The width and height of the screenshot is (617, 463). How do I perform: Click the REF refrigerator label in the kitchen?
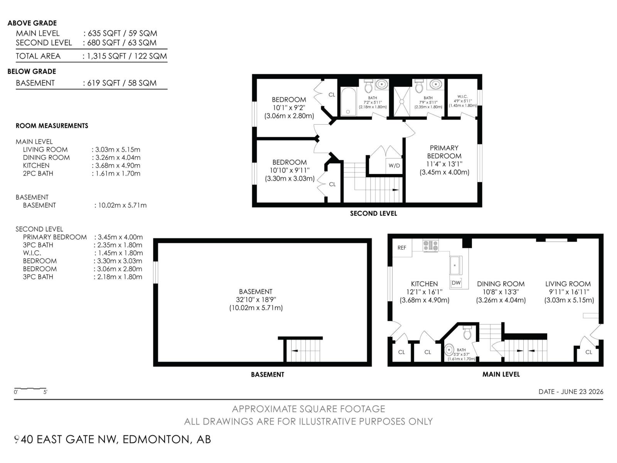(x=402, y=248)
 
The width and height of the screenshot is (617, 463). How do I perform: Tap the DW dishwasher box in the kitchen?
(x=456, y=283)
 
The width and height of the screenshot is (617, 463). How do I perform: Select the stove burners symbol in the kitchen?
(x=430, y=246)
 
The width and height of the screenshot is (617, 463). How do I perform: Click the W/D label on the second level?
(x=394, y=166)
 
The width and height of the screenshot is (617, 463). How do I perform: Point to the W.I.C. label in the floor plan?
(x=462, y=96)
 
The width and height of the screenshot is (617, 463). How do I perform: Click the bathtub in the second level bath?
(x=348, y=102)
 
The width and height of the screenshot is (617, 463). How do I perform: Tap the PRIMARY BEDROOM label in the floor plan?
(x=444, y=152)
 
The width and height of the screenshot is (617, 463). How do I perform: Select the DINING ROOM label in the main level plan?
(x=501, y=284)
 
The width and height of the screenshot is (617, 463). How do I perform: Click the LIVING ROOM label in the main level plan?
(x=568, y=284)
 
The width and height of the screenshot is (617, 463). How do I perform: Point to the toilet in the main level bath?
(x=467, y=333)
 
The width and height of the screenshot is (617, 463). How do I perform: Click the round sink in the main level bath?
(x=448, y=350)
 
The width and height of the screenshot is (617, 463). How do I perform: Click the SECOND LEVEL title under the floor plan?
(x=373, y=213)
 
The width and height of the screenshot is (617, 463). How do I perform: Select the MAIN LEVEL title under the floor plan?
(x=501, y=374)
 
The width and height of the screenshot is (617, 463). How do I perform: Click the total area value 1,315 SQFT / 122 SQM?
(x=127, y=56)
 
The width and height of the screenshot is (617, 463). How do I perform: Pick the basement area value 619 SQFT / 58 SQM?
(x=122, y=83)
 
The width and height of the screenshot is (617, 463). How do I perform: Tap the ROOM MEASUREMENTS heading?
(x=52, y=126)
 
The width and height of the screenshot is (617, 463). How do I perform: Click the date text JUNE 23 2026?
(x=582, y=392)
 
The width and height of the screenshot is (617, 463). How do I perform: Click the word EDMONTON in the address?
(x=156, y=439)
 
